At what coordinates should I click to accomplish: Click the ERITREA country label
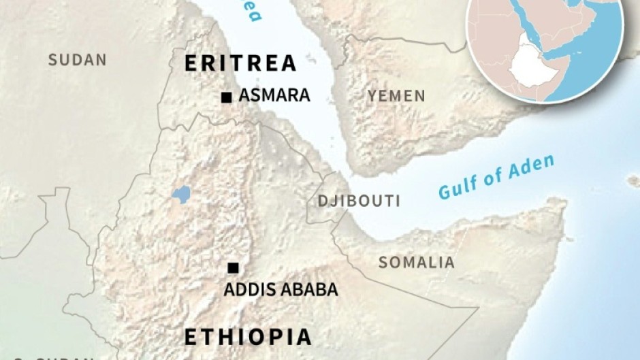pyautogui.click(x=241, y=63)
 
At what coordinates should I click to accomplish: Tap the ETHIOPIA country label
pyautogui.click(x=249, y=337)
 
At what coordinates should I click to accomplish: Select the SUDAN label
pyautogui.click(x=77, y=60)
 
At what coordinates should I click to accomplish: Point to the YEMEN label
pyautogui.click(x=396, y=96)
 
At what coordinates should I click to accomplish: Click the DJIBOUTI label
pyautogui.click(x=359, y=201)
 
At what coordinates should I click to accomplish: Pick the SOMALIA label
pyautogui.click(x=416, y=262)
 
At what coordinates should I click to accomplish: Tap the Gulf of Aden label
pyautogui.click(x=496, y=178)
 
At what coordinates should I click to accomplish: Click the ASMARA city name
pyautogui.click(x=274, y=95)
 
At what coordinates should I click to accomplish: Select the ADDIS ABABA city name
pyautogui.click(x=281, y=289)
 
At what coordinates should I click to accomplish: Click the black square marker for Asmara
pyautogui.click(x=226, y=97)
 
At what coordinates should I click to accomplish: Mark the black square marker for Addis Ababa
pyautogui.click(x=233, y=267)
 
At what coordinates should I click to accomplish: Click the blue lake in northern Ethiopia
pyautogui.click(x=180, y=195)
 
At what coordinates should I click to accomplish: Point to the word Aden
pyautogui.click(x=533, y=167)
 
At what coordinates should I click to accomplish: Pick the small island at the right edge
pyautogui.click(x=633, y=180)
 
